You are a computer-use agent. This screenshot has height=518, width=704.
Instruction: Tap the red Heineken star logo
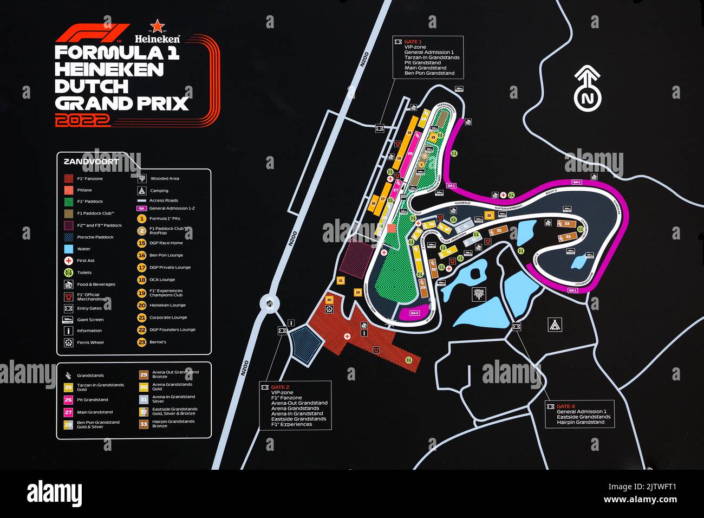tap(157, 26)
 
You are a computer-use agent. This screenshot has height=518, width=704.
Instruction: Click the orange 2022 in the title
tap(82, 120)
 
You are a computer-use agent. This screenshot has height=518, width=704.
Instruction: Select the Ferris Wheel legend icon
tap(69, 342)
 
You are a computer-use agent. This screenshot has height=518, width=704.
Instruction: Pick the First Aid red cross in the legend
tap(69, 261)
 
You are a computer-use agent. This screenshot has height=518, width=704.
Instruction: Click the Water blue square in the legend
tap(69, 249)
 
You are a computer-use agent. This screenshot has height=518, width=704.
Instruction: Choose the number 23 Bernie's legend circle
tap(142, 342)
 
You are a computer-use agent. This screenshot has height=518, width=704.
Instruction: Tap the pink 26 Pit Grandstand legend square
tap(68, 400)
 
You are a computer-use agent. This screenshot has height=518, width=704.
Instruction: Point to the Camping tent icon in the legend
tap(141, 191)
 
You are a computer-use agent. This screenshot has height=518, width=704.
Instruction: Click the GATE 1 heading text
tap(413, 42)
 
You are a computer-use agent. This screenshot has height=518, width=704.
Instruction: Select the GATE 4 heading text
tap(566, 406)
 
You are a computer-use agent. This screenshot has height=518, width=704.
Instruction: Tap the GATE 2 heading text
tap(280, 387)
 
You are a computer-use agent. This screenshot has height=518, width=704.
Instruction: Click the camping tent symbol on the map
tap(555, 325)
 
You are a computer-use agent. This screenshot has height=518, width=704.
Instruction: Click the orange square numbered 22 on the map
tap(489, 215)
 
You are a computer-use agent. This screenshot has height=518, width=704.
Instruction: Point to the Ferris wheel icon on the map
tap(329, 309)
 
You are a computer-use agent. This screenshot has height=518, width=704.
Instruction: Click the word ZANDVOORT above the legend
tap(91, 161)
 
